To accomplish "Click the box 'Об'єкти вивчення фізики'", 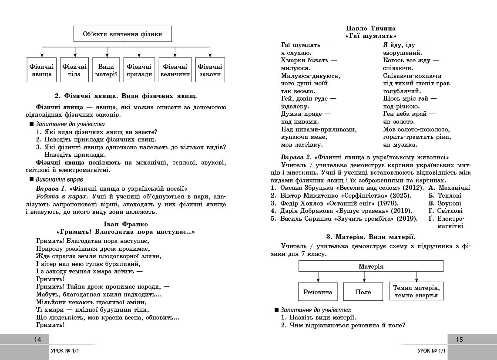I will click(x=122, y=34).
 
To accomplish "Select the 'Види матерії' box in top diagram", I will click(x=106, y=70).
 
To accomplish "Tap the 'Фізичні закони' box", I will click(x=210, y=70).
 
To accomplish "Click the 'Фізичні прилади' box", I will click(x=139, y=70).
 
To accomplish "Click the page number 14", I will click(x=37, y=340).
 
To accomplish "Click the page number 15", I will click(x=460, y=340).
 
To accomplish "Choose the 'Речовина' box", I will click(x=318, y=292).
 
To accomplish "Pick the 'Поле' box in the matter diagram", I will click(x=363, y=292).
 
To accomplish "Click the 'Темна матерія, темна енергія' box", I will click(x=416, y=291).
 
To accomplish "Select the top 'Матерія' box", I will click(x=371, y=266).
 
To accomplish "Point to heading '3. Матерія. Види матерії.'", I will click(x=370, y=237).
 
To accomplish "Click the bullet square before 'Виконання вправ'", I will click(x=31, y=179).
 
